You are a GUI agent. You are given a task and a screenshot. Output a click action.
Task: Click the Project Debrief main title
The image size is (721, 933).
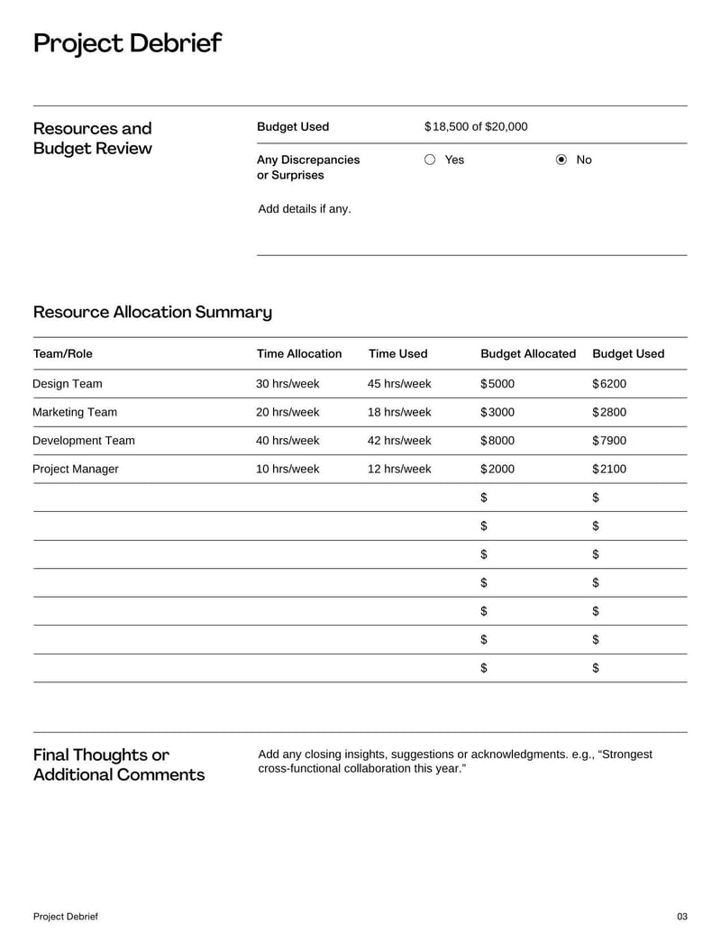click(x=127, y=43)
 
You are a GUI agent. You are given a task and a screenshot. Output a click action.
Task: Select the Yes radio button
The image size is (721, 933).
click(x=430, y=160)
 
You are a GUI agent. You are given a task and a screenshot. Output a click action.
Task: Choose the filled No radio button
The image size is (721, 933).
click(x=561, y=160)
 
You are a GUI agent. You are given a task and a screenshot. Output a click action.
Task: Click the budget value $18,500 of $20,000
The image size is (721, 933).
click(x=476, y=127)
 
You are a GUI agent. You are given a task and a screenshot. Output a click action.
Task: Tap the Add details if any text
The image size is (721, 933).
click(x=305, y=209)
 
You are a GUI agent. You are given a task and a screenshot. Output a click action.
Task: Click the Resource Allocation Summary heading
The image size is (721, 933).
click(x=152, y=313)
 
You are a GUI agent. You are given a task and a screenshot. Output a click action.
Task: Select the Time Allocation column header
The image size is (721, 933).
click(x=299, y=354)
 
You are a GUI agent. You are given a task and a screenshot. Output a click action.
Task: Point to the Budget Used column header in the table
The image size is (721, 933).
click(x=628, y=354)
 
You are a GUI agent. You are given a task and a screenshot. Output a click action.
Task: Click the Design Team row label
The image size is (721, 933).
click(x=68, y=384)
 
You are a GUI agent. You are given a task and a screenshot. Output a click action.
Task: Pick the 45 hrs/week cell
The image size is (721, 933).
click(x=399, y=384)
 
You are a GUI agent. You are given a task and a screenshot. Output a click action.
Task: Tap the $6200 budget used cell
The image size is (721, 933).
click(x=609, y=384)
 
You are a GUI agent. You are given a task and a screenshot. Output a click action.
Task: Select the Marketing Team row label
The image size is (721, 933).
click(x=75, y=412)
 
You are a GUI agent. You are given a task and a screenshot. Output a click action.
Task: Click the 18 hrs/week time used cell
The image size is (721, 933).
click(x=399, y=412)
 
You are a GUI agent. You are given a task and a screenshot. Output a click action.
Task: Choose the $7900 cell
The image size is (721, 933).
click(x=609, y=441)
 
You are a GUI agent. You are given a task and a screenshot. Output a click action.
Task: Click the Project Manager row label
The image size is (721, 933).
click(x=76, y=469)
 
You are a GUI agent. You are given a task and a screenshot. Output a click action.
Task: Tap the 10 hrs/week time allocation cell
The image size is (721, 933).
click(x=287, y=469)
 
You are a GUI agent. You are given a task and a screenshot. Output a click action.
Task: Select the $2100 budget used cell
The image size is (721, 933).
click(x=609, y=469)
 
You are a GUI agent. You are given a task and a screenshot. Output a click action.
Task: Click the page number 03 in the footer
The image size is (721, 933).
click(x=681, y=917)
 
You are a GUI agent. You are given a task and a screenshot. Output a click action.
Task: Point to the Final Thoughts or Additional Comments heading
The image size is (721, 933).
click(x=119, y=764)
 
